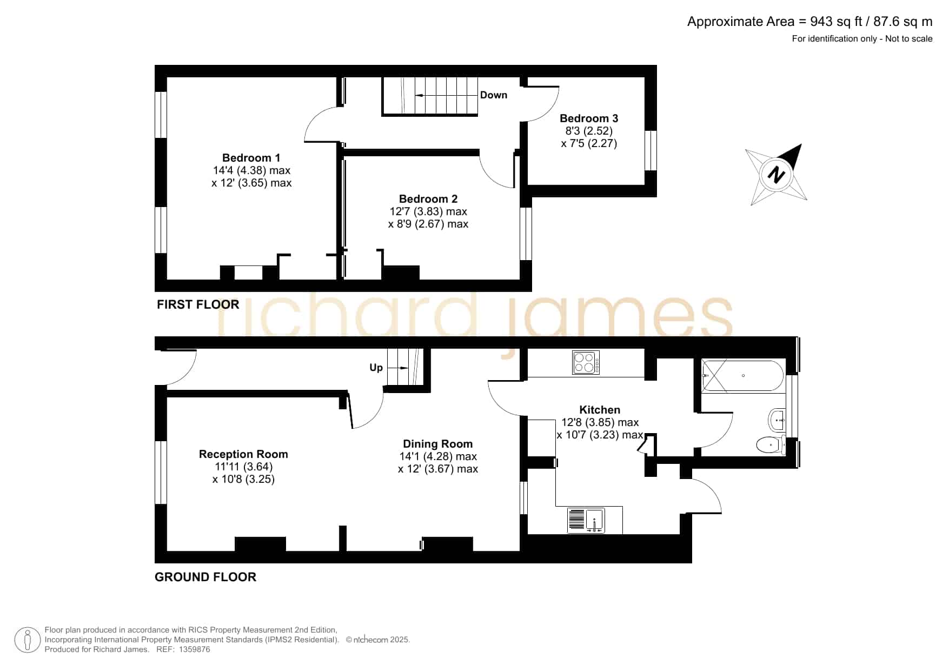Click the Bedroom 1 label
click(x=251, y=158)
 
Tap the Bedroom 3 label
click(x=589, y=118)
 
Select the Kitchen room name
click(x=600, y=410)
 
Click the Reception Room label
click(x=243, y=454)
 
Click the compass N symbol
click(x=777, y=175)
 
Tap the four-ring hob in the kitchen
click(x=586, y=362)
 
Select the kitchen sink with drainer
click(x=586, y=520)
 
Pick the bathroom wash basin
click(x=777, y=419)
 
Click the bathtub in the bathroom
click(x=742, y=376)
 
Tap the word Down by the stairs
click(x=494, y=95)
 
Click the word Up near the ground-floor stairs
click(x=376, y=368)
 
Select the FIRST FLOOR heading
click(x=198, y=304)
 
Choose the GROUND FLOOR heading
click(x=205, y=577)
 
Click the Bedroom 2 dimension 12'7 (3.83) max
click(x=428, y=211)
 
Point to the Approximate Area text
click(x=810, y=22)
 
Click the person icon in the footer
click(x=27, y=640)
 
